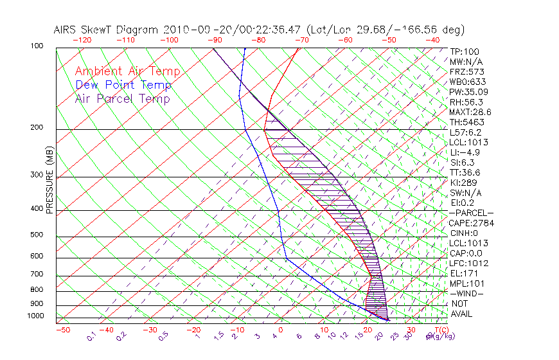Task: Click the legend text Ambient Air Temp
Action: click(x=127, y=71)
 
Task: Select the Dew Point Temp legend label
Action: click(x=123, y=85)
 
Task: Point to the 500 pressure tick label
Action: click(x=37, y=235)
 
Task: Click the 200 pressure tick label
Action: click(x=37, y=127)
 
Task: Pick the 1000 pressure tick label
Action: click(x=35, y=316)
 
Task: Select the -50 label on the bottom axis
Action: click(x=62, y=330)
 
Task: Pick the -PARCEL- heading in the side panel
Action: click(x=471, y=213)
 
